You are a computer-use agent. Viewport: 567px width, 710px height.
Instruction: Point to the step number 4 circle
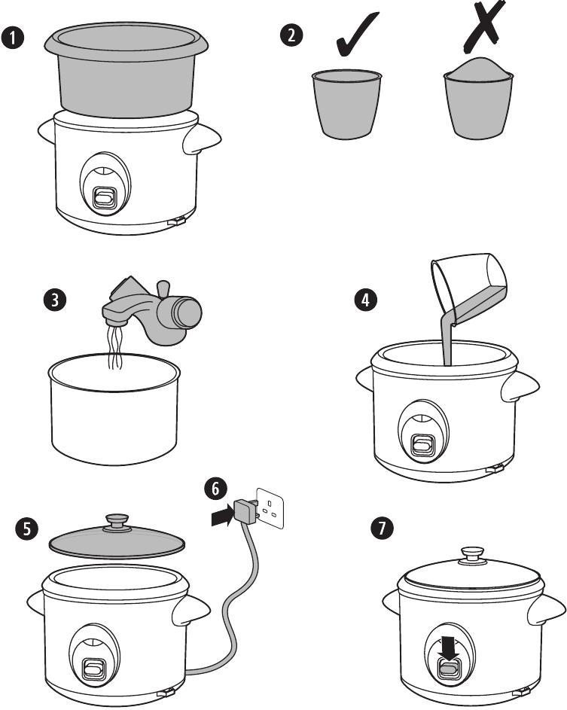click(364, 300)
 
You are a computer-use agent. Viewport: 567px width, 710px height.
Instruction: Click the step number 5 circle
click(26, 529)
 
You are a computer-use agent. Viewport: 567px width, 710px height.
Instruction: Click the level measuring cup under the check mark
click(346, 103)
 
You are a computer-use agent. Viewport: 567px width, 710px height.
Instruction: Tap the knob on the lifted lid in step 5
click(117, 520)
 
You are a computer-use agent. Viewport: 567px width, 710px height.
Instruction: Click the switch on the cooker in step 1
click(104, 197)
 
